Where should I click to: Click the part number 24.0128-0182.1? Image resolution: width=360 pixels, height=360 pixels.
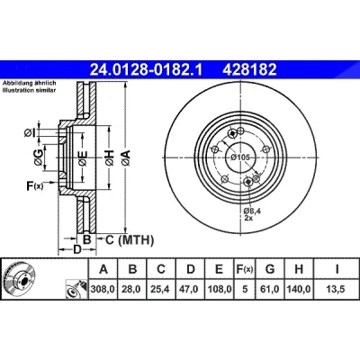[147, 70]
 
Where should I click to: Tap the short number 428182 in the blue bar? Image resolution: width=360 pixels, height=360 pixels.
[249, 70]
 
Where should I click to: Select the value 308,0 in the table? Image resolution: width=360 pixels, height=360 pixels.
[103, 289]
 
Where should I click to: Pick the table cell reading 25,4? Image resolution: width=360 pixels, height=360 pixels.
[161, 289]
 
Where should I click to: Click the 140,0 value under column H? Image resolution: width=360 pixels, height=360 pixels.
[299, 289]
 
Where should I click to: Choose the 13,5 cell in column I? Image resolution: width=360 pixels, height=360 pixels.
[337, 289]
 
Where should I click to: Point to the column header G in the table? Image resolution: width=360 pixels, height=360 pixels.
[270, 269]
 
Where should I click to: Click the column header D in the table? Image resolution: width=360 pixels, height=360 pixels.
[191, 269]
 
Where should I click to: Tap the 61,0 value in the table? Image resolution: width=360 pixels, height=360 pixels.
[270, 289]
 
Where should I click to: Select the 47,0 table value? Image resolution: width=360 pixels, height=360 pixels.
[191, 289]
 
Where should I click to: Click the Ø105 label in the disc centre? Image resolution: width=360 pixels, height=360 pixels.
[240, 157]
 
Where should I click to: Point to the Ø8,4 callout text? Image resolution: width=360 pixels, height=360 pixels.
[252, 211]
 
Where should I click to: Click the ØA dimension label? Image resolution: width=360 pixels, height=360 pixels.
[126, 158]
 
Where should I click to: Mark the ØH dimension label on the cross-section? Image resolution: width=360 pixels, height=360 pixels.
[110, 158]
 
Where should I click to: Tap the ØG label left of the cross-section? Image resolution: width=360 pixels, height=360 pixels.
[39, 157]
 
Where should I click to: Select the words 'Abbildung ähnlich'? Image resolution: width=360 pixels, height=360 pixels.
[30, 83]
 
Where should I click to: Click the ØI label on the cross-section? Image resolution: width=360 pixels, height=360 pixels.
[30, 132]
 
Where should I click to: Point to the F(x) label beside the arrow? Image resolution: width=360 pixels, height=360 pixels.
[35, 186]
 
